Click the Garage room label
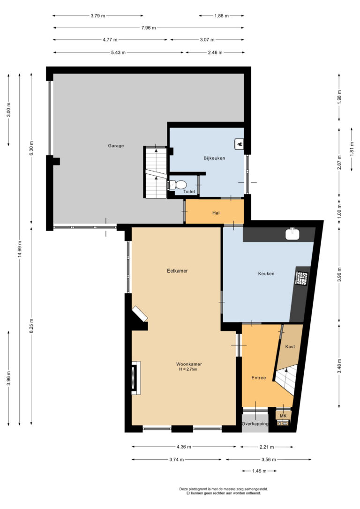[x=116, y=146]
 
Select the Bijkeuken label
[x=214, y=158]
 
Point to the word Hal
[x=216, y=213]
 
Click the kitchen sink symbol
[x=292, y=234]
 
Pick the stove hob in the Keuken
[x=301, y=278]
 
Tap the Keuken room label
[x=266, y=274]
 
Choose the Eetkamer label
[x=177, y=271]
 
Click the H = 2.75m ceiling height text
[x=188, y=369]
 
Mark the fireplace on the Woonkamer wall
[x=135, y=378]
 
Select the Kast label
[x=290, y=347]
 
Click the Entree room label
[x=259, y=378]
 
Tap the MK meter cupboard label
[x=283, y=416]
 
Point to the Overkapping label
[x=255, y=424]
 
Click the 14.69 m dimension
[x=20, y=249]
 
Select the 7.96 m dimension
[x=149, y=28]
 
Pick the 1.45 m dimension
[x=259, y=471]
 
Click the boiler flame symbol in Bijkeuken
[x=239, y=143]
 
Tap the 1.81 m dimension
[x=352, y=150]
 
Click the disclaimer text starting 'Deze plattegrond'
[x=224, y=491]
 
